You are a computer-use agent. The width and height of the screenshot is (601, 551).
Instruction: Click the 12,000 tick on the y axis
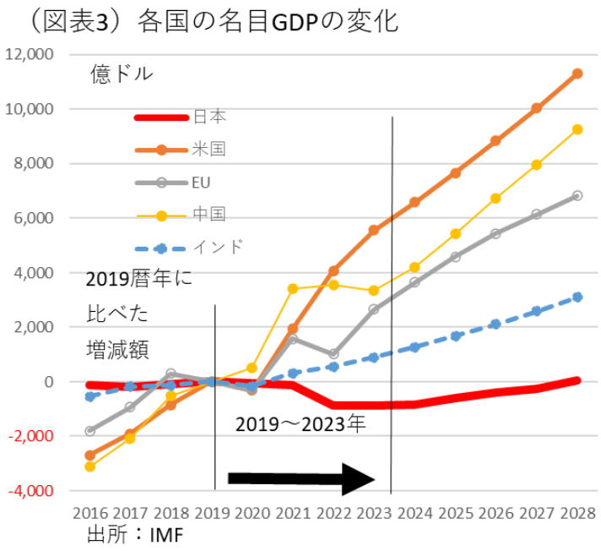tap(30, 55)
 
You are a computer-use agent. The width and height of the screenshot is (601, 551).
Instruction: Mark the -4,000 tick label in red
tap(32, 491)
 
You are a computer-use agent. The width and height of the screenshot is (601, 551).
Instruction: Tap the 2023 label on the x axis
tap(375, 513)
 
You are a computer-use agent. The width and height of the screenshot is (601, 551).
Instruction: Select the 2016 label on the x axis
tap(89, 513)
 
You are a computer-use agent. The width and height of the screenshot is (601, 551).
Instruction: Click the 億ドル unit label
tap(122, 74)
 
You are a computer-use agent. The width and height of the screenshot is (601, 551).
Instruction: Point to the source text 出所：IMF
tap(135, 534)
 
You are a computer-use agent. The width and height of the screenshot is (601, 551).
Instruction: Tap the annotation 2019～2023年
tap(300, 424)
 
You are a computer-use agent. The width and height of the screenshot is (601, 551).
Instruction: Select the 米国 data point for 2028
tap(577, 74)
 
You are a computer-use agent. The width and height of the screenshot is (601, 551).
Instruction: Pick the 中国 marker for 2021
tap(293, 288)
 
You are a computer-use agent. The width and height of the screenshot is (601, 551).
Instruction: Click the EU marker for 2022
tap(333, 353)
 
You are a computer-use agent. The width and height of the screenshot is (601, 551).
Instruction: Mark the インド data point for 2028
tap(577, 297)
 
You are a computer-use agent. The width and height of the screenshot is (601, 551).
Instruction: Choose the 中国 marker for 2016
tap(89, 466)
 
